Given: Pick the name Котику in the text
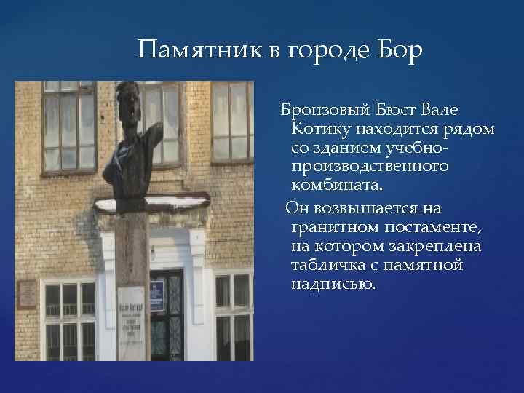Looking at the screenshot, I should [x=319, y=130].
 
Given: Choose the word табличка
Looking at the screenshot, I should [x=327, y=266].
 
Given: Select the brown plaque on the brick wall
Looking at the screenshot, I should [x=26, y=293].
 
